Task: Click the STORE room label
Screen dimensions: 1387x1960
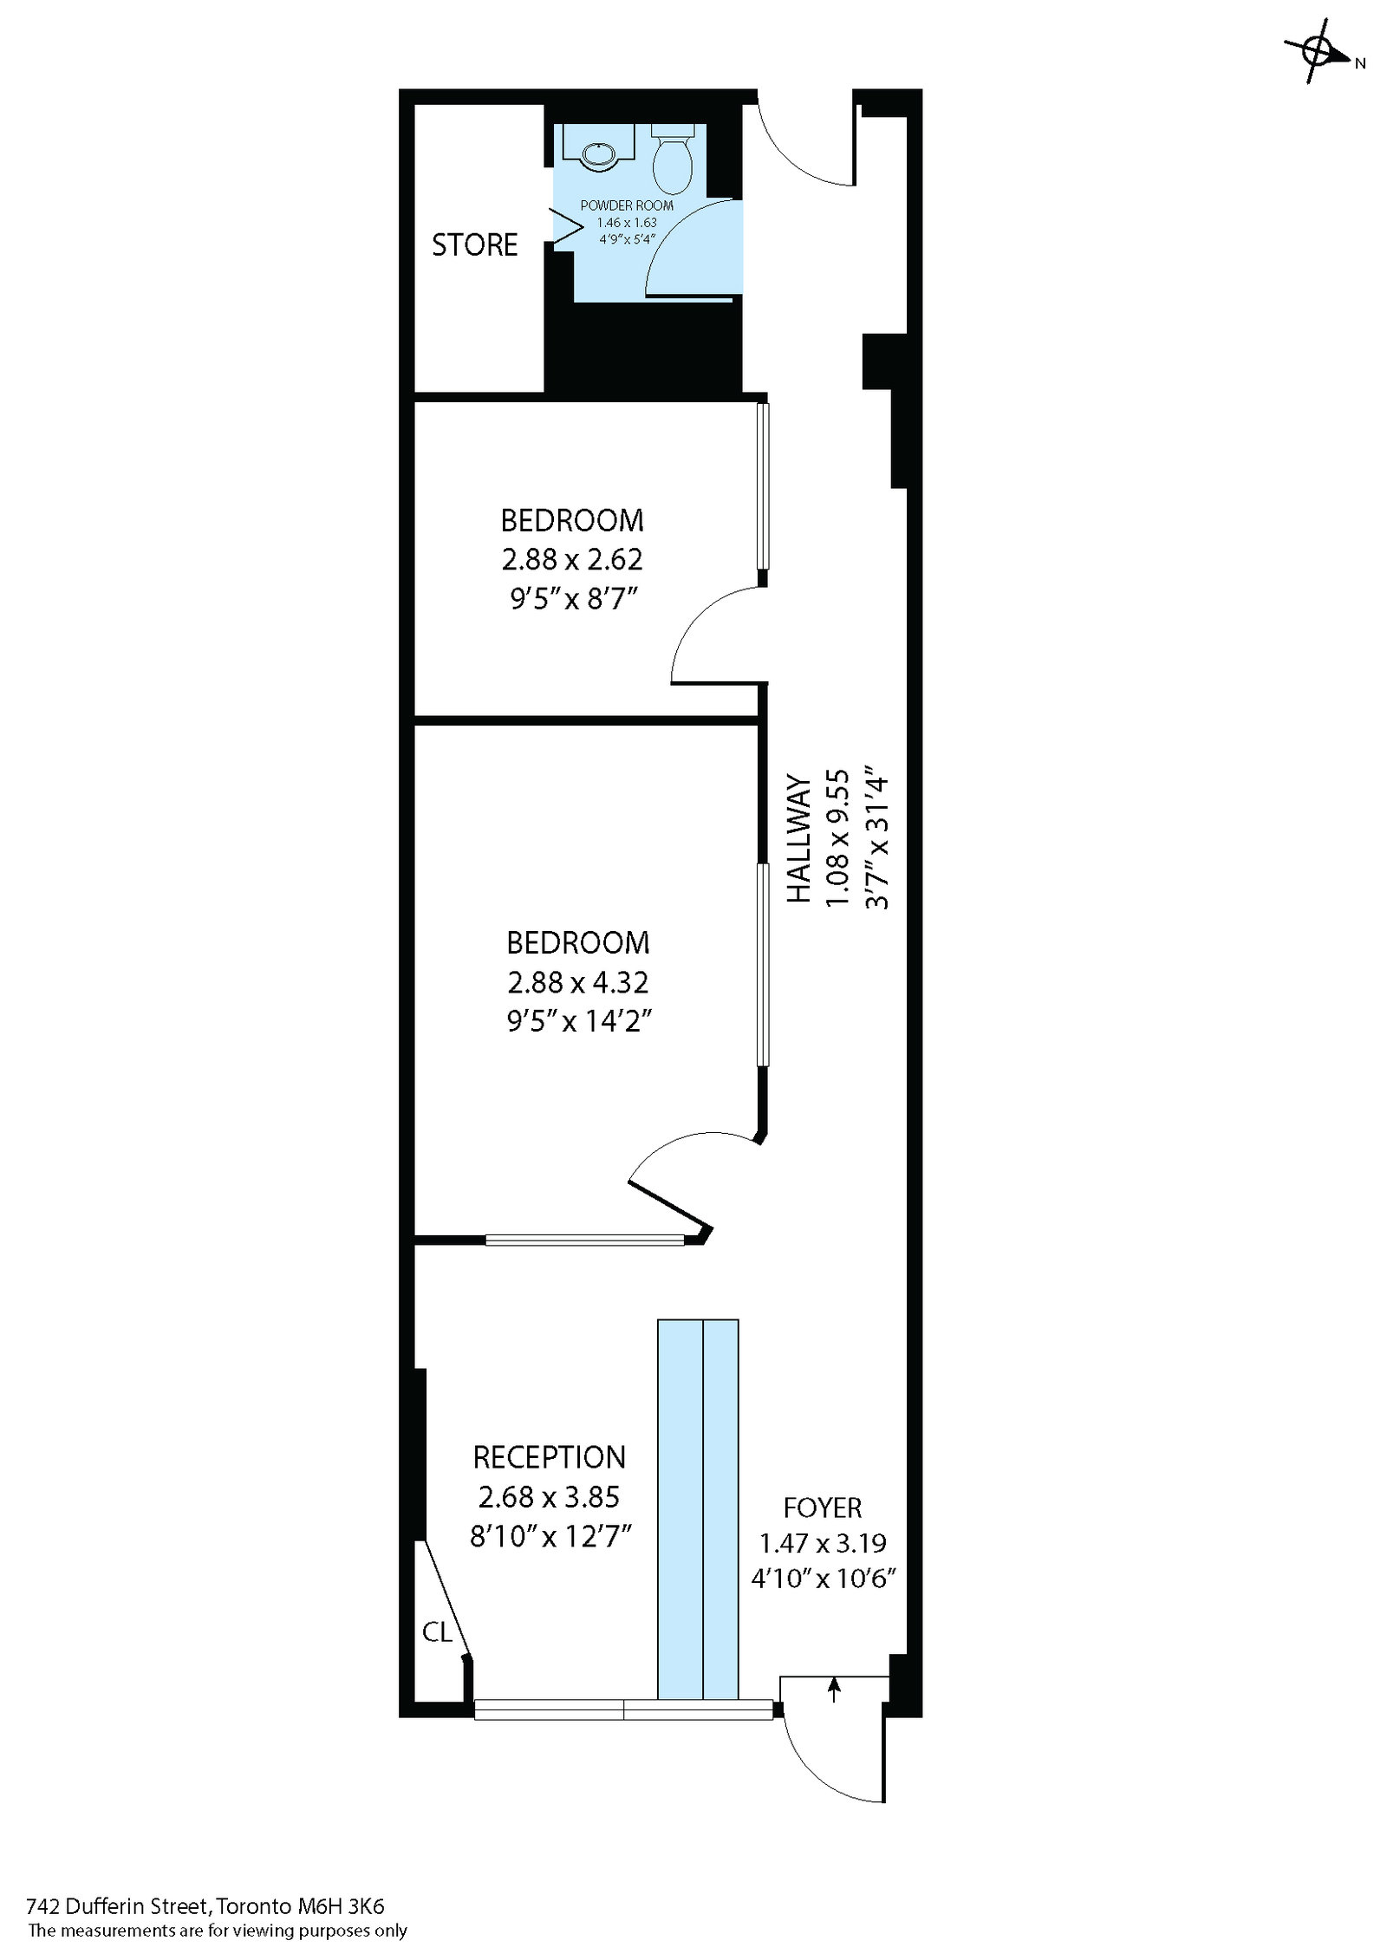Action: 474,245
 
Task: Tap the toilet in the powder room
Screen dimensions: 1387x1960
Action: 672,163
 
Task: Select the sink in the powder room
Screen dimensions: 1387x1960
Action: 597,154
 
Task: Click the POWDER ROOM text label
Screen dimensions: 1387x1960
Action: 626,206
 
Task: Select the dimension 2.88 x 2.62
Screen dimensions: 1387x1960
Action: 572,559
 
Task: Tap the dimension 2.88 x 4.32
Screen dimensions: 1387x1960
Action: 578,982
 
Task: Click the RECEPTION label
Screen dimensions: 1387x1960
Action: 549,1457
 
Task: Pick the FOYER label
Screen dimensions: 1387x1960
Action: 823,1508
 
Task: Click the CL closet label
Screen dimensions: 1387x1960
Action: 437,1633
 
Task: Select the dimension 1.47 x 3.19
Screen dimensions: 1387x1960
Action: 823,1543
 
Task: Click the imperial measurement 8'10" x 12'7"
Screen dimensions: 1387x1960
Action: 550,1536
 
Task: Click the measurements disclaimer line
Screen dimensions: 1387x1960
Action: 218,1931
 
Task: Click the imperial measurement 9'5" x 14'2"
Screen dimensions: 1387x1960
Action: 578,1021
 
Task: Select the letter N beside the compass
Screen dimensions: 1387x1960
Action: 1360,63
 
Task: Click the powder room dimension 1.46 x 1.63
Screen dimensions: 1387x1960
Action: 626,223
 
